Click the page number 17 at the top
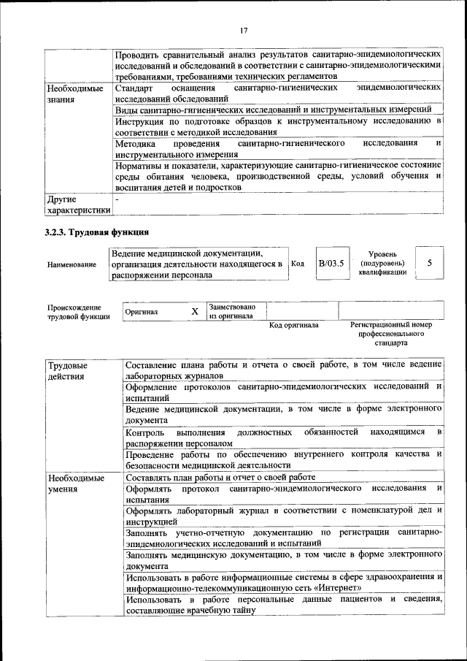coord(244,29)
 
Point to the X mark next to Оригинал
coord(195,312)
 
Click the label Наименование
coord(71,264)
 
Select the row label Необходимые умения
coord(74,484)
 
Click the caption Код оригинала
coord(293,325)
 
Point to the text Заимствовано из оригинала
coord(231,312)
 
